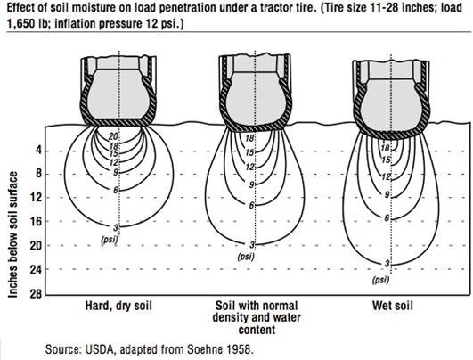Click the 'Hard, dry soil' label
[x=115, y=306]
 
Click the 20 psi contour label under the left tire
[x=113, y=135]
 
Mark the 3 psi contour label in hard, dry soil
[x=116, y=227]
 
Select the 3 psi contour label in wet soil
[x=387, y=264]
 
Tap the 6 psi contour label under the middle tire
[x=252, y=205]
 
